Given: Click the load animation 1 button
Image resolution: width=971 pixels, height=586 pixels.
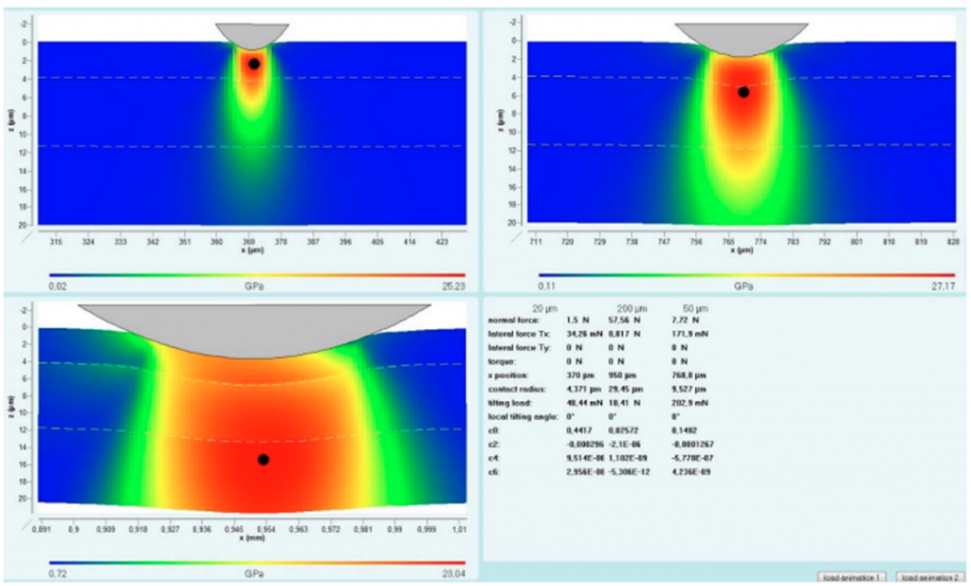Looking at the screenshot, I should pos(852,577).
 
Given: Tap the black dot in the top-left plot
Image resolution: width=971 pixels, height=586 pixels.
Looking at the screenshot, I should pos(254,64).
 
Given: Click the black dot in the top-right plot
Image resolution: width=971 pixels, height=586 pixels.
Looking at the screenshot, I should pos(743,92).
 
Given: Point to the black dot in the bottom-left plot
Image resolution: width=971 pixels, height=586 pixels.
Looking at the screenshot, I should pos(263,459).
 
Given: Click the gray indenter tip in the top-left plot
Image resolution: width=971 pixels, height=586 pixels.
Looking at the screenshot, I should pos(252,33).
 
